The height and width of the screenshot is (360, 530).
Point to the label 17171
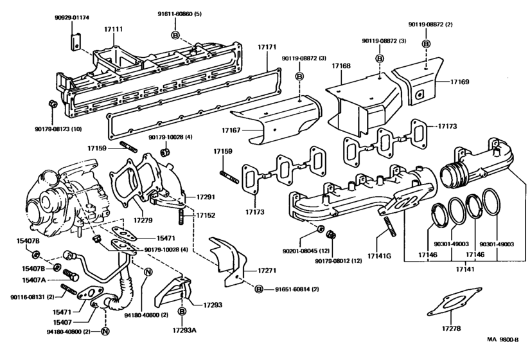tap(267, 48)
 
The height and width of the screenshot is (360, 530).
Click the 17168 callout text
tap(340, 66)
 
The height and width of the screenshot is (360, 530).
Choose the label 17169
tap(459, 82)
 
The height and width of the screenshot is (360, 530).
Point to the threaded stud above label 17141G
tap(389, 227)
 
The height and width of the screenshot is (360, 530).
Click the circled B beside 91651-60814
tap(259, 290)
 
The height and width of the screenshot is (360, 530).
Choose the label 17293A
tap(183, 331)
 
